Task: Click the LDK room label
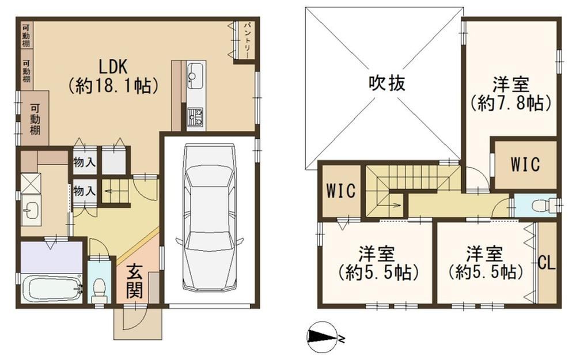[113, 66]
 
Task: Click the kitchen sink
[195, 75]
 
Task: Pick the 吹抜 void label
[387, 82]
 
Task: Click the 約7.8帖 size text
[510, 103]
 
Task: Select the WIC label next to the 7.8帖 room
[525, 164]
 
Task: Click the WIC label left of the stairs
[341, 191]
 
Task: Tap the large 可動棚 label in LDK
[35, 119]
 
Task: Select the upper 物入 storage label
[84, 162]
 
